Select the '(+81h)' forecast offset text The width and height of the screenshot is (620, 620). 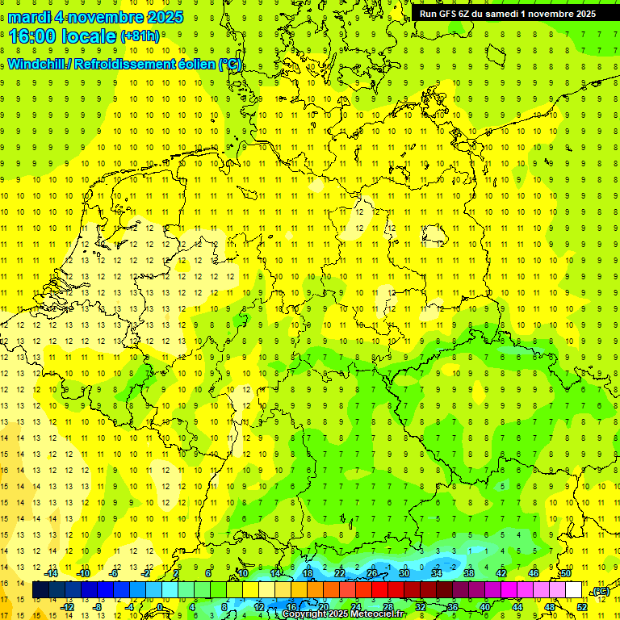tap(140, 36)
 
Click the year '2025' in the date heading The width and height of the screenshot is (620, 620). tap(162, 17)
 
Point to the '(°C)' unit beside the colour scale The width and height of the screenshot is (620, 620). tap(600, 591)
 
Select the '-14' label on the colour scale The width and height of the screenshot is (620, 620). tap(51, 573)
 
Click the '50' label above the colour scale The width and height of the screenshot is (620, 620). tap(566, 573)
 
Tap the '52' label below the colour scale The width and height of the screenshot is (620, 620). tap(581, 606)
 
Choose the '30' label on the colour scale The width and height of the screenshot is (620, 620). tap(404, 573)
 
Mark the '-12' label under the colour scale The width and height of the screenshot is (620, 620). tap(67, 606)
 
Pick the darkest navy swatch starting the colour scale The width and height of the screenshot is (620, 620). tap(40, 590)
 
